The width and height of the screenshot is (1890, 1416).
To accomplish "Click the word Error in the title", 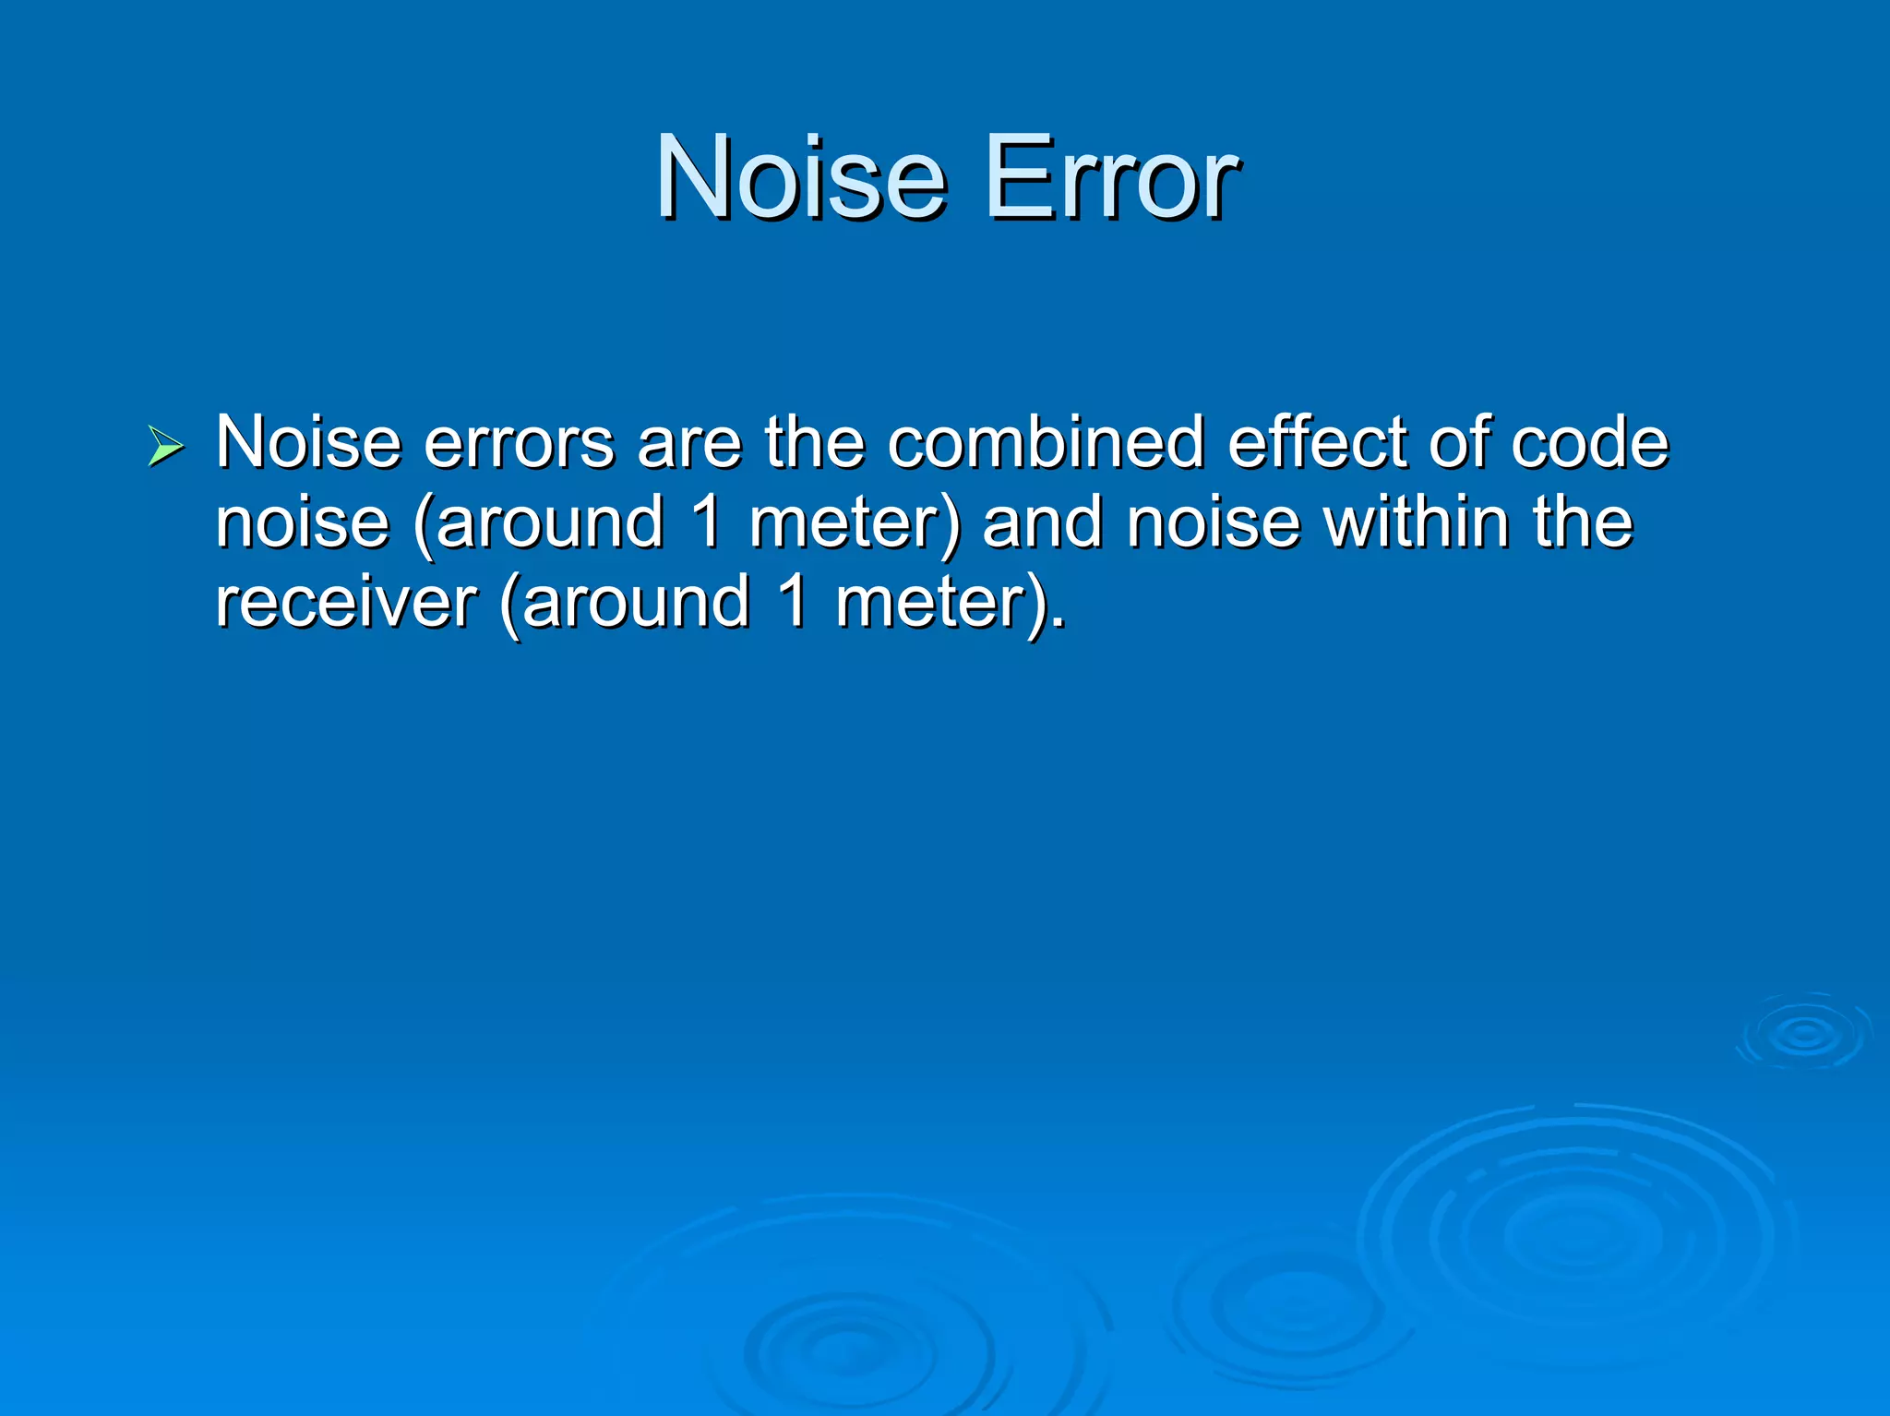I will [1111, 176].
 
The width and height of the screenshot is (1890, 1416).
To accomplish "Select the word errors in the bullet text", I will [519, 443].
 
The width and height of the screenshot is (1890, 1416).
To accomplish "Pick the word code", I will [1589, 443].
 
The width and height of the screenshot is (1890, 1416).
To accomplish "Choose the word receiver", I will [346, 602].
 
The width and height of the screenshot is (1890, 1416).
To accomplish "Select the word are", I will [688, 443].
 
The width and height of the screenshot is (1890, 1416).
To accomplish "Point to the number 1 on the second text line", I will [705, 522].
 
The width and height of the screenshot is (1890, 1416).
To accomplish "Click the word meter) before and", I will [855, 522].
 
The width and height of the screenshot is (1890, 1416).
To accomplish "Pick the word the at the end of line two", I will [1582, 522].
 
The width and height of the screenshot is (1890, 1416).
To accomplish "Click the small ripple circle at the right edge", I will [1803, 1033].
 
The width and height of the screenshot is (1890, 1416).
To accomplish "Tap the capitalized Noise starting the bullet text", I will [308, 443].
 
